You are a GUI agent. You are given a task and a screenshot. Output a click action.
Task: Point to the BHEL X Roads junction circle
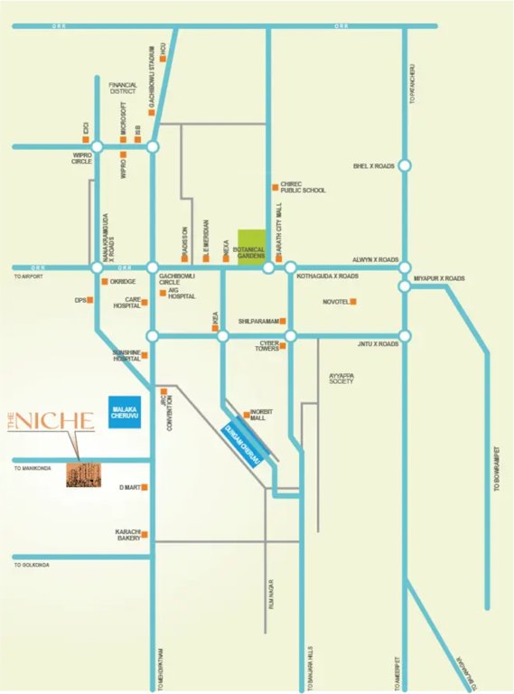[405, 165]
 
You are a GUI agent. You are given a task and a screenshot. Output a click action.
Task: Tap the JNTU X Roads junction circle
[405, 336]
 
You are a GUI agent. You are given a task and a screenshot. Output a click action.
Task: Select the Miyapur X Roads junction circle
[405, 286]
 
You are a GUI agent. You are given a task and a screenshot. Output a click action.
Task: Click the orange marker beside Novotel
[354, 302]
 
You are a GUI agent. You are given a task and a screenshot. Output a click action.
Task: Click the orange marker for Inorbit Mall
[246, 415]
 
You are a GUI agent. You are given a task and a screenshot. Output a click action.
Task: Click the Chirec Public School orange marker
[275, 187]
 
